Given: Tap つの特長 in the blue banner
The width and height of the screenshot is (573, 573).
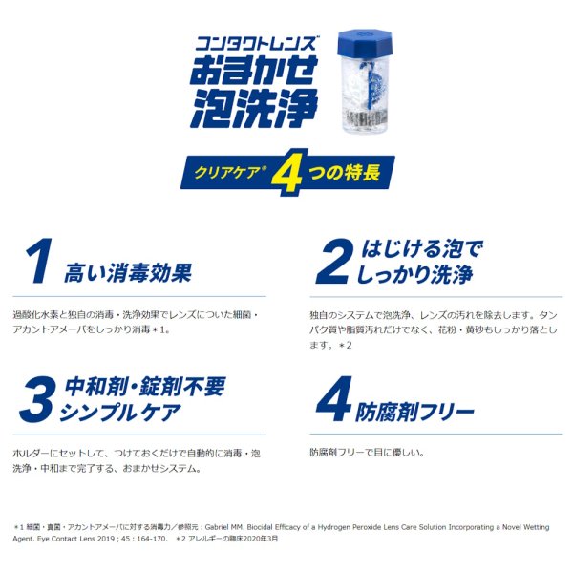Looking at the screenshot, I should (342, 174).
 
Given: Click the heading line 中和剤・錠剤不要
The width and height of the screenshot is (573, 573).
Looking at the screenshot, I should (143, 388).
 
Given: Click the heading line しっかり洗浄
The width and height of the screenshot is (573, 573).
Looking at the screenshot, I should (421, 275).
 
